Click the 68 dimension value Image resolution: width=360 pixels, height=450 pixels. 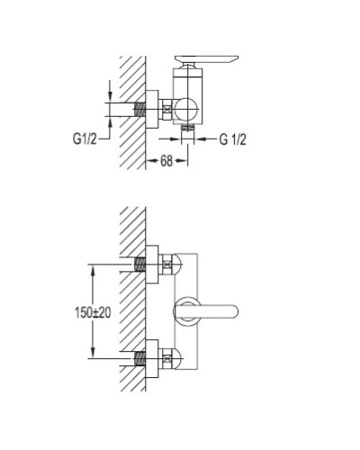tap(166, 161)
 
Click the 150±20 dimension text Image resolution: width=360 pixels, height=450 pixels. tap(93, 312)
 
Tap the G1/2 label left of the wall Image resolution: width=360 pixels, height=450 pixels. tap(85, 139)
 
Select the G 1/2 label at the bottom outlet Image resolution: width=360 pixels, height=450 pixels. tap(233, 139)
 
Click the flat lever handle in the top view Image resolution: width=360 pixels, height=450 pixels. tap(206, 59)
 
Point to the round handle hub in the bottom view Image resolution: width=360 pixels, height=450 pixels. tap(186, 311)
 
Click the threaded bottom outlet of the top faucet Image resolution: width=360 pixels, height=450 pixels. tap(188, 128)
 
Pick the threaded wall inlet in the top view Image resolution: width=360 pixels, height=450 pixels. tap(139, 110)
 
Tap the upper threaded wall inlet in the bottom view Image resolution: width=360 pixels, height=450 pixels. tap(139, 265)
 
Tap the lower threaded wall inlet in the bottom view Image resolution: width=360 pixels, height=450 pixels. tap(139, 358)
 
